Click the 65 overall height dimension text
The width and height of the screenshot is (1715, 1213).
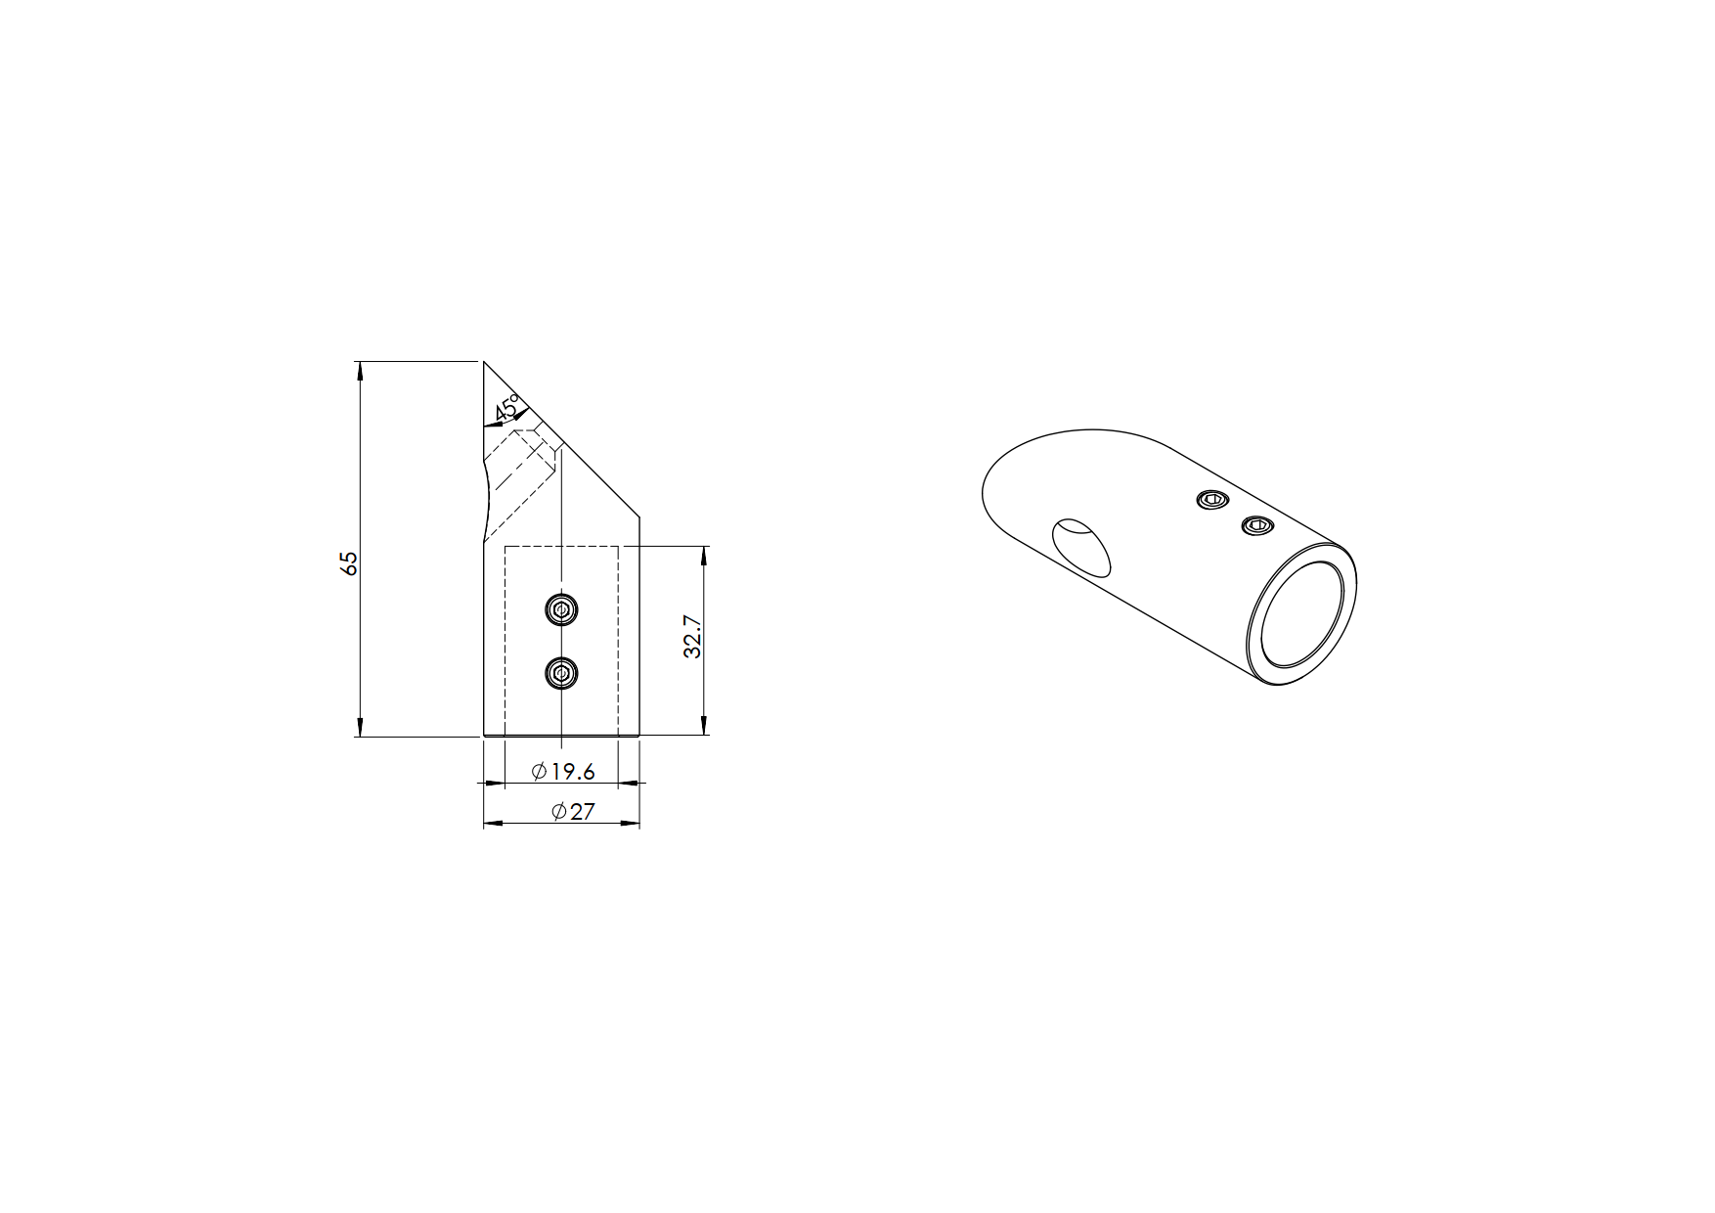tap(349, 562)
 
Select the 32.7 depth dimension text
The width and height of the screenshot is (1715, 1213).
tap(693, 636)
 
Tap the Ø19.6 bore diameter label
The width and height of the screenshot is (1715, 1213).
tap(563, 772)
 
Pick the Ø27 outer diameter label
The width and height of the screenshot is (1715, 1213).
tap(573, 812)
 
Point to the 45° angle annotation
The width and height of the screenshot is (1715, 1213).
tap(508, 407)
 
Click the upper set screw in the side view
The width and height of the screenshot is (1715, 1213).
tap(561, 610)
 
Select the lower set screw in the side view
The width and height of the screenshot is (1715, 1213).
tap(561, 672)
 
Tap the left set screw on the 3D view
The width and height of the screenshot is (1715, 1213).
tap(1211, 500)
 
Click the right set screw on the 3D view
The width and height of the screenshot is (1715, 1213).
tap(1257, 526)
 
